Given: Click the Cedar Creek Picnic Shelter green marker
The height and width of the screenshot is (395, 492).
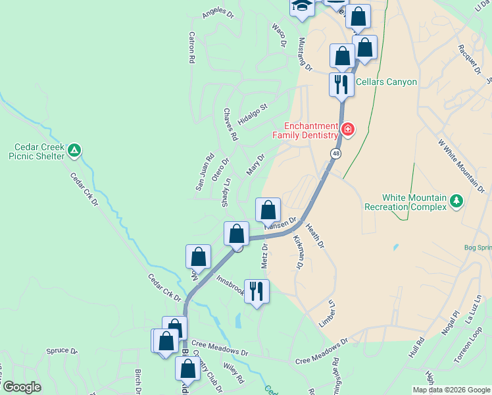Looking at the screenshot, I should coord(75,151).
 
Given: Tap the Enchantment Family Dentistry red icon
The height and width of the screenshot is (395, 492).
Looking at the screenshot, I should coord(347,129).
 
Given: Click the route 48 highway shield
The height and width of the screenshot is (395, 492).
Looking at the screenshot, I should coord(335,153).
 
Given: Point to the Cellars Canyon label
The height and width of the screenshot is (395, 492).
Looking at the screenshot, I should coord(386,82).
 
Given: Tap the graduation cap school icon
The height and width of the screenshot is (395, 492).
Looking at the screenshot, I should coord(302,5).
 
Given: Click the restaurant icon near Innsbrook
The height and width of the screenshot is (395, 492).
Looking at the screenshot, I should coord(257,290).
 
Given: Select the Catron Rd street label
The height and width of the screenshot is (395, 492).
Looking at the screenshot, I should coord(192,47).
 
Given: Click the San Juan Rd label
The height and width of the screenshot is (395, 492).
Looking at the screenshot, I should coord(205,172).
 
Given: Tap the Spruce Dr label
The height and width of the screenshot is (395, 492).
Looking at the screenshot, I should coord(62,351).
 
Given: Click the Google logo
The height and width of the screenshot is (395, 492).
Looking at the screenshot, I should coord(21,387).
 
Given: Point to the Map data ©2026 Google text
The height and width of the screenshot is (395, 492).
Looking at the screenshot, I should coord(451,390).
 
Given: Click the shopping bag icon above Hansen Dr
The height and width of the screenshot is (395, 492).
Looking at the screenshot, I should coord(268,211).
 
